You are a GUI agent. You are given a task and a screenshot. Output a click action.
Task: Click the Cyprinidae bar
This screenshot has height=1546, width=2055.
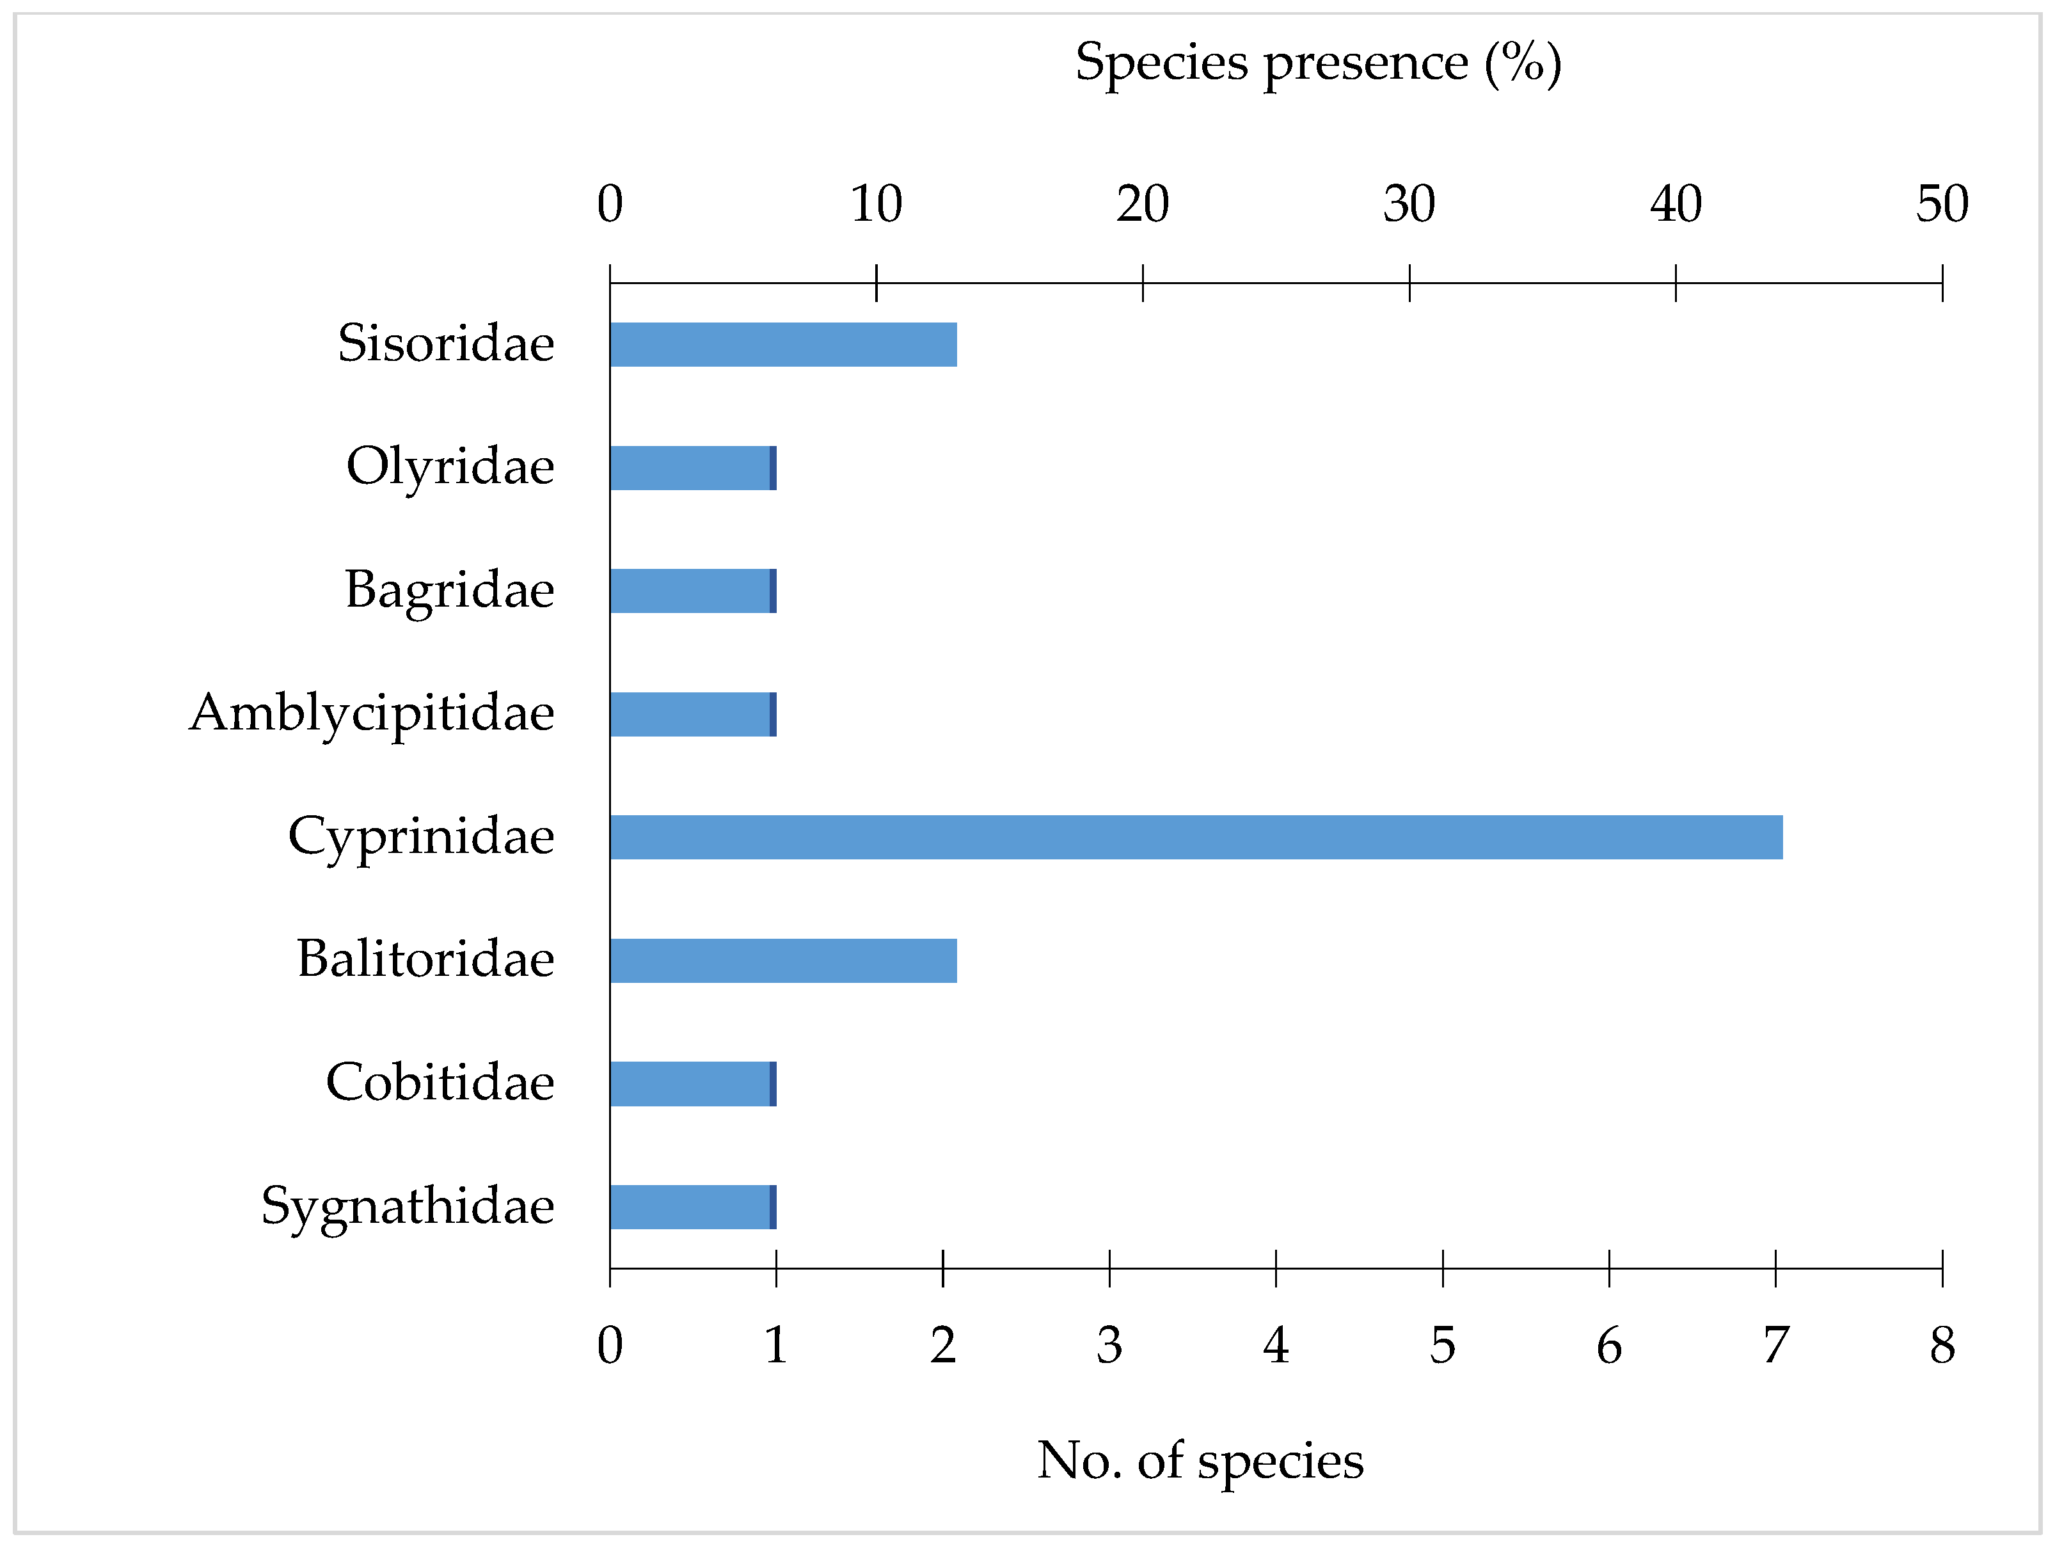point(1196,837)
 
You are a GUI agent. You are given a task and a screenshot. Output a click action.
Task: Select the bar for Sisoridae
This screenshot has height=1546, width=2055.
point(783,345)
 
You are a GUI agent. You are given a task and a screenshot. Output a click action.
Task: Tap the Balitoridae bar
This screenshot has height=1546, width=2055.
point(783,960)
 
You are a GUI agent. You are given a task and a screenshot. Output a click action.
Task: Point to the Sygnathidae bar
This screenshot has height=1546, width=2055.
point(692,1207)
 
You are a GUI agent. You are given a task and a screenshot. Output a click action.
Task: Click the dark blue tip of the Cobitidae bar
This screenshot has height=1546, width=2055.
point(773,1083)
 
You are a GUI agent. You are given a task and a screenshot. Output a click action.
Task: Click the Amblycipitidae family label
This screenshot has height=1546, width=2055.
point(372,713)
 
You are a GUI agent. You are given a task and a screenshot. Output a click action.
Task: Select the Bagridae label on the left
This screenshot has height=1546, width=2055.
point(450,590)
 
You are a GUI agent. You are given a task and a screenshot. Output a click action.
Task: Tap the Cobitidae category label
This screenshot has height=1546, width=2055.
point(440,1082)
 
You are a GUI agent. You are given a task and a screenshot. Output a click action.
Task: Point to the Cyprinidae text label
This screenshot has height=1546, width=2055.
point(421,836)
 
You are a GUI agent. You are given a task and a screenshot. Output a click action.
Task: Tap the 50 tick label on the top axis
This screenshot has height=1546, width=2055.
point(1942,204)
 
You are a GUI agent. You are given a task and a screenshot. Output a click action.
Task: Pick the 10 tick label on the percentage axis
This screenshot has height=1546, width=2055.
point(876,204)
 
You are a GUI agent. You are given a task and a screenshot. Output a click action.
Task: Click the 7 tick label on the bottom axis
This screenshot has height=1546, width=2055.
point(1775,1345)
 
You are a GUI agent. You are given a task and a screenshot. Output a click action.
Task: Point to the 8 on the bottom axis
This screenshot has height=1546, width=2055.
point(1942,1345)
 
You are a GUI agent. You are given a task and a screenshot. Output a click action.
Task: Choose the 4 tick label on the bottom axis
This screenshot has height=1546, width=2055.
point(1276,1345)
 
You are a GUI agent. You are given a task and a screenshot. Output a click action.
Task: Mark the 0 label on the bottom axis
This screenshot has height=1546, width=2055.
point(610,1345)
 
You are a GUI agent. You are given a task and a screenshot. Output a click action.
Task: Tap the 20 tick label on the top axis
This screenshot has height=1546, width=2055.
point(1142,204)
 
